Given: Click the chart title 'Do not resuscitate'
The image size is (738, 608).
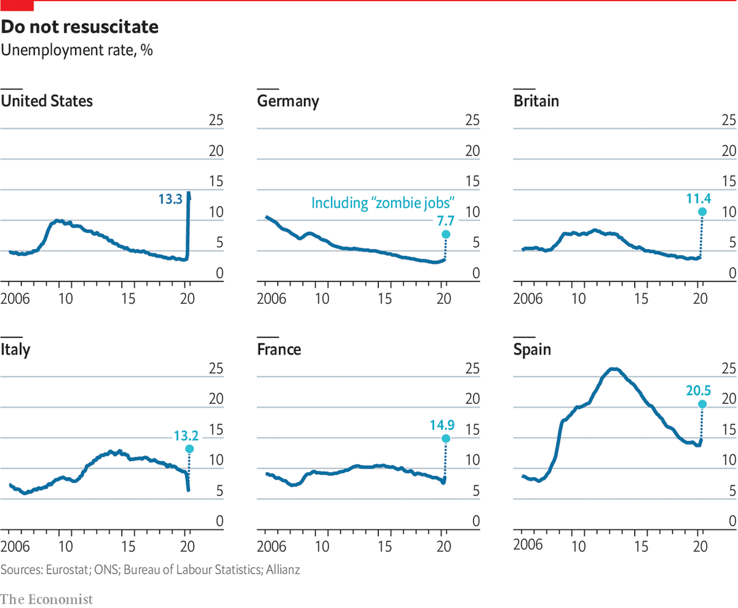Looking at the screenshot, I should click(80, 28).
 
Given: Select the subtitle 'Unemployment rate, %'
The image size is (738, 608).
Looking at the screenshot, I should click(77, 50).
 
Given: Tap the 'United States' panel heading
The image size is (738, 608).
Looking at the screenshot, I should click(47, 101).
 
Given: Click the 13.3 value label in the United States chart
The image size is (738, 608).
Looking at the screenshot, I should click(170, 198).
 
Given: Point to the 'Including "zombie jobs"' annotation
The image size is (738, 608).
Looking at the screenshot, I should click(383, 203).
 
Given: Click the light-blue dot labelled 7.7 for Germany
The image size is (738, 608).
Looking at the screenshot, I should click(445, 234).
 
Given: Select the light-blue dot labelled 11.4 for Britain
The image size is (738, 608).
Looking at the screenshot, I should click(702, 211).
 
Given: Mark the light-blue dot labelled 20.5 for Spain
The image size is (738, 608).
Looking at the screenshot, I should click(702, 404).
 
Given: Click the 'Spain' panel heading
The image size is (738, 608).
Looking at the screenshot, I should click(533, 350).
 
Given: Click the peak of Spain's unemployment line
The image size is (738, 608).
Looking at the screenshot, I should click(613, 369).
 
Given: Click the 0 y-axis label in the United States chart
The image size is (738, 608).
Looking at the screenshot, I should click(218, 273).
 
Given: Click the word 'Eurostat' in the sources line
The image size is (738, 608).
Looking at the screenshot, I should click(67, 570).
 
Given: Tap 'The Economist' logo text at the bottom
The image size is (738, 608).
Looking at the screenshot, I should click(47, 598).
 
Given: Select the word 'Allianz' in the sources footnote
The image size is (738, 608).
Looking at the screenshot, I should click(282, 570).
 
